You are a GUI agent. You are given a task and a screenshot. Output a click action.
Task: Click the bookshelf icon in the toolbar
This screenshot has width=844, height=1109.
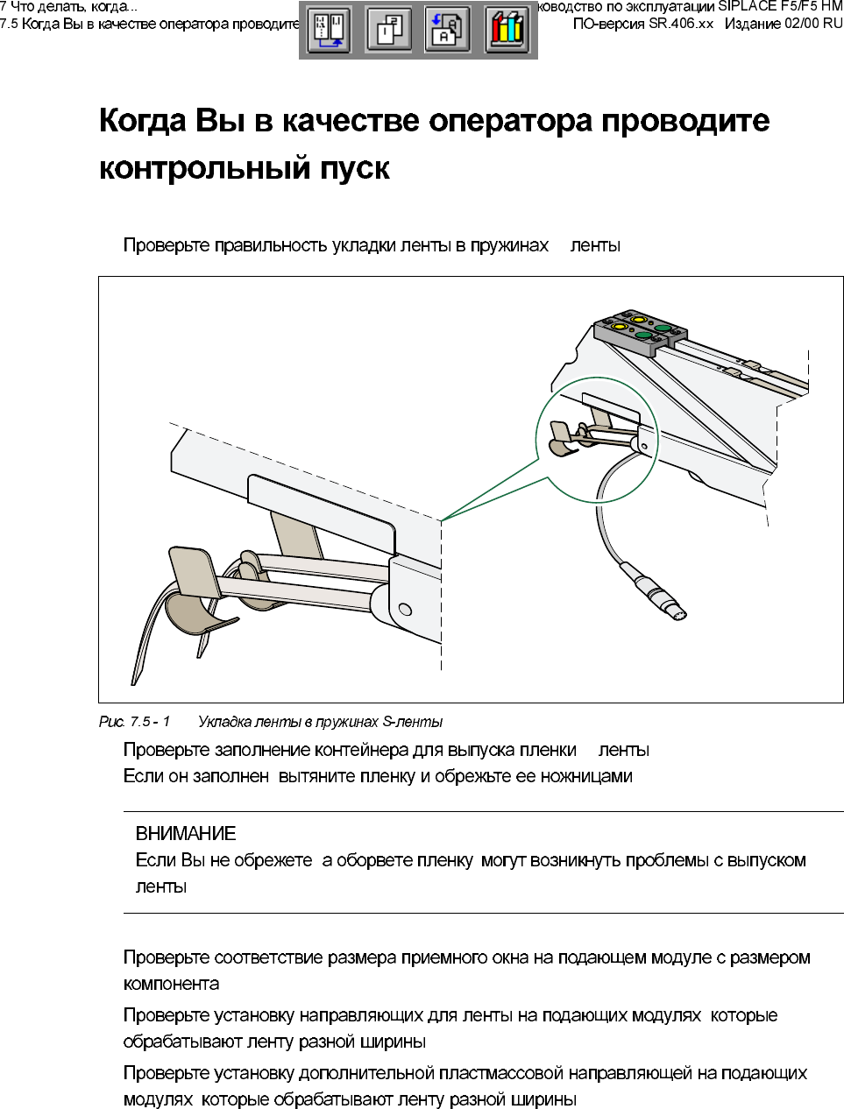pos(507,30)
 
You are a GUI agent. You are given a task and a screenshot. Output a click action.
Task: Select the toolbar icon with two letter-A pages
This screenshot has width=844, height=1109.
pos(447,30)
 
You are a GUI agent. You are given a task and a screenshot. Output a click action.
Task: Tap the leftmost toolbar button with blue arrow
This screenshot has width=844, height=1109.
pos(329,30)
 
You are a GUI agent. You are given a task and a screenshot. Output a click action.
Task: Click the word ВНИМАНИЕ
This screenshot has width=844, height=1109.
pos(186,834)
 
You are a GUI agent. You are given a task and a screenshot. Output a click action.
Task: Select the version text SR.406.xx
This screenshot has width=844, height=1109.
pos(681,24)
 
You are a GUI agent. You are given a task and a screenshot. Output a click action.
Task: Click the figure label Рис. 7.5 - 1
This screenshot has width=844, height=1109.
pos(134,722)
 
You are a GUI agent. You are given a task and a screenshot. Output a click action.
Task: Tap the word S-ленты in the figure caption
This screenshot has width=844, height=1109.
pos(413,722)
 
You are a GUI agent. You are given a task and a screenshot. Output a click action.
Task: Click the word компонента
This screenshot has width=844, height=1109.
pos(172,984)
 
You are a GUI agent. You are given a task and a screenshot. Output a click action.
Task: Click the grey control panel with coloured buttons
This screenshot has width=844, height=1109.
pos(640,330)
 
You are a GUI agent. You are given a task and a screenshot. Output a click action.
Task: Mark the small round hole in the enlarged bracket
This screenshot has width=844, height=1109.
pos(405,609)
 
